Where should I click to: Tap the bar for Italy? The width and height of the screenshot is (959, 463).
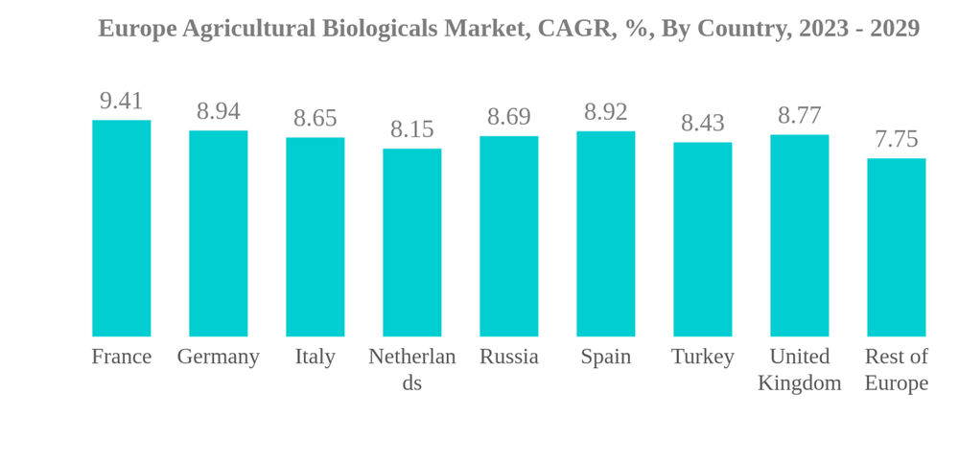(315, 237)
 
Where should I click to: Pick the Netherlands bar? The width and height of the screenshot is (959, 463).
(411, 243)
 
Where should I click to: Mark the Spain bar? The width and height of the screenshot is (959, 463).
(605, 234)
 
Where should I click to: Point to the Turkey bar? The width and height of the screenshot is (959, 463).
(702, 240)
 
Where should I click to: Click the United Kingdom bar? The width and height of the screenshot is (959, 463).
(799, 236)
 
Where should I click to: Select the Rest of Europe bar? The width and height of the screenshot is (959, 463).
(896, 247)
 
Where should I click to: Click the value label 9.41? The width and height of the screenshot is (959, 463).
(121, 101)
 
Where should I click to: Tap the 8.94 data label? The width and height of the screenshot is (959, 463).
(218, 111)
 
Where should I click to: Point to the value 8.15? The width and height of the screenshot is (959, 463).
(411, 129)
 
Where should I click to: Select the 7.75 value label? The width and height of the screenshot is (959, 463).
(896, 139)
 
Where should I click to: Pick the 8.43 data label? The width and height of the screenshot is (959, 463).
(702, 123)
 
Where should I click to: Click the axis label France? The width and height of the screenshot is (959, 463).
(121, 357)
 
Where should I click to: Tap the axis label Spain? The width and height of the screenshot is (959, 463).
(605, 357)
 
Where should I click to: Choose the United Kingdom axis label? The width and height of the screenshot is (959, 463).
(799, 369)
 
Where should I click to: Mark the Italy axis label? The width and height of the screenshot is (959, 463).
(315, 357)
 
